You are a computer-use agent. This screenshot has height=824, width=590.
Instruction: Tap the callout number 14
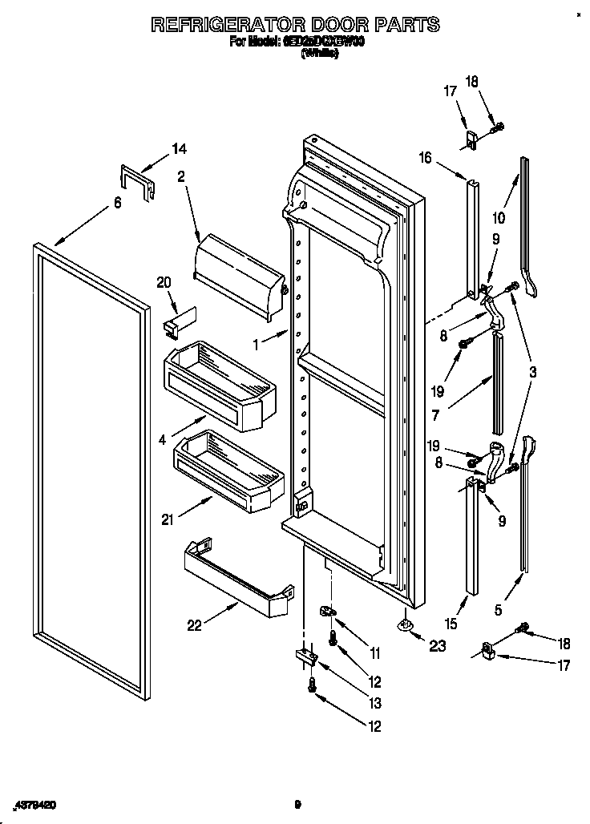click(x=180, y=148)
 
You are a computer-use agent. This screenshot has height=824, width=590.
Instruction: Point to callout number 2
click(x=181, y=179)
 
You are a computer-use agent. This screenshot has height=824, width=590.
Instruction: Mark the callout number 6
click(x=117, y=204)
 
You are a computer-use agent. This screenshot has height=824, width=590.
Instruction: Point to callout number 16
click(x=425, y=159)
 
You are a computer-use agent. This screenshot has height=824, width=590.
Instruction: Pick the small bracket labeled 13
click(x=305, y=655)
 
